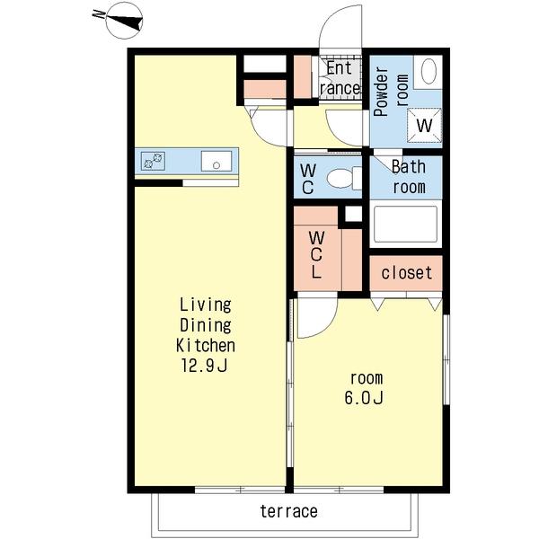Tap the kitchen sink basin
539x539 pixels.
216,161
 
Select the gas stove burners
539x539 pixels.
153,161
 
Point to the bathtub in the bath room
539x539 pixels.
406,224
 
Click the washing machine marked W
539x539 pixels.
424,125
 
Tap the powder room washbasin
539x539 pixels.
429,72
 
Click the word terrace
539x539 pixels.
288,511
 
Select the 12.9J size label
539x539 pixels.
204,366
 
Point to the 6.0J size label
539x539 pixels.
364,398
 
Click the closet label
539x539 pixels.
406,273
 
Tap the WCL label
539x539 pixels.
316,254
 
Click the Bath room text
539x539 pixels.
409,177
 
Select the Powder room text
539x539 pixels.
392,91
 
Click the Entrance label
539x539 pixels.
340,78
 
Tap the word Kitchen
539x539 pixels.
206,345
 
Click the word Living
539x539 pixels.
206,305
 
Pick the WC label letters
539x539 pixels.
307,179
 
